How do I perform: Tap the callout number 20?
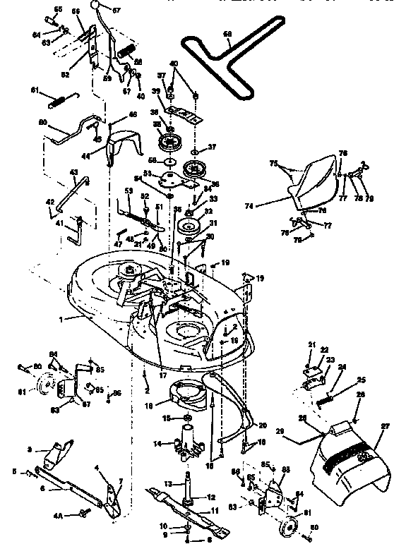click(x=262, y=425)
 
